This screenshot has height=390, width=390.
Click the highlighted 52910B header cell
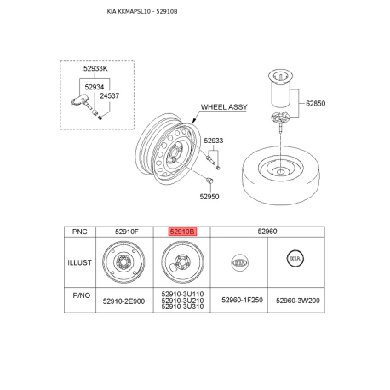click(182, 232)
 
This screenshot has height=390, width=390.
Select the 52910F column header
click(127, 232)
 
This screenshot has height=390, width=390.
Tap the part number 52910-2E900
click(123, 301)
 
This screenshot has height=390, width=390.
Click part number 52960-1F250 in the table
click(242, 300)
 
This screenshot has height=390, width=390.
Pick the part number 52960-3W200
click(298, 301)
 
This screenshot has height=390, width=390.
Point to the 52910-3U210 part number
click(182, 301)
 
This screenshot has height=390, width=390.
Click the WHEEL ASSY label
click(224, 107)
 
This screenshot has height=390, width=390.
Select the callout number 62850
click(315, 103)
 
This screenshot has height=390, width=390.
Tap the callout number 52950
click(209, 197)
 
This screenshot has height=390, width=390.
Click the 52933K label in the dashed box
click(95, 68)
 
